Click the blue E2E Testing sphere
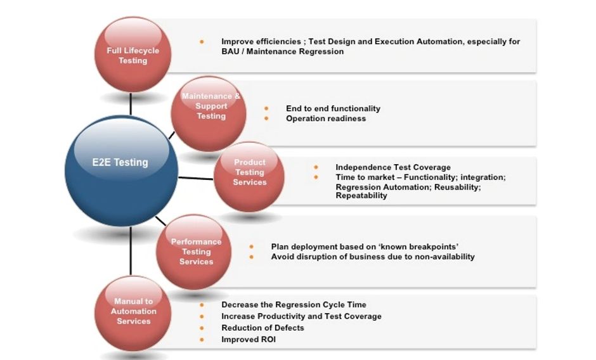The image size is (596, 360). click(x=121, y=171)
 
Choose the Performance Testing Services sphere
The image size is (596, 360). click(x=195, y=252)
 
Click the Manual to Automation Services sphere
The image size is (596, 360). click(x=133, y=314)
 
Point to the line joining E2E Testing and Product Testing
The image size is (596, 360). click(x=196, y=177)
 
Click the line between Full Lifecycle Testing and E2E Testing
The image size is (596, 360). click(x=131, y=103)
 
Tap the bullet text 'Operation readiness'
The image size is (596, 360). click(x=326, y=119)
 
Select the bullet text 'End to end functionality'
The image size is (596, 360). click(x=333, y=108)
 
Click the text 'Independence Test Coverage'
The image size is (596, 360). click(x=393, y=167)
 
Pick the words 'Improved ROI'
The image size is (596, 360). click(x=249, y=339)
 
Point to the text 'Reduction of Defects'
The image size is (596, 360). click(x=262, y=328)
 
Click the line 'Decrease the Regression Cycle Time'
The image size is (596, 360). click(x=294, y=305)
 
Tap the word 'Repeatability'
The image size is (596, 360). click(x=361, y=196)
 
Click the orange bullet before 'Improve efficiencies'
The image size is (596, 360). click(x=202, y=42)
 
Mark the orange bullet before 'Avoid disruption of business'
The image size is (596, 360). click(x=252, y=257)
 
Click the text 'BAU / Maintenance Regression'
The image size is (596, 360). click(x=283, y=51)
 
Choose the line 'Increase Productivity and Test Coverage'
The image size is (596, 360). click(x=301, y=316)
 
